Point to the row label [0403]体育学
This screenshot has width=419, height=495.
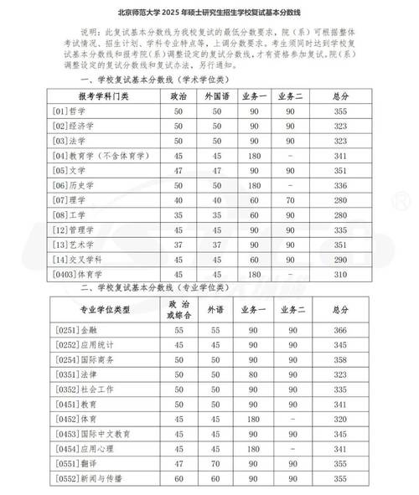(x=80, y=274)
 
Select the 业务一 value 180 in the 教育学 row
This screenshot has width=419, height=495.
(x=256, y=155)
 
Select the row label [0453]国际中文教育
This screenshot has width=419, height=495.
(x=92, y=434)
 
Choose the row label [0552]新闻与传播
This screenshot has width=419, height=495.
(x=89, y=477)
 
